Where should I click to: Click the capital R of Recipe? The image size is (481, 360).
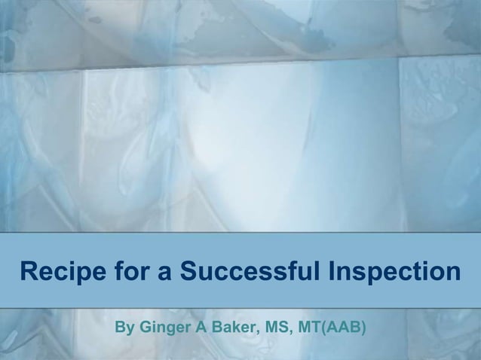pyautogui.click(x=29, y=270)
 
